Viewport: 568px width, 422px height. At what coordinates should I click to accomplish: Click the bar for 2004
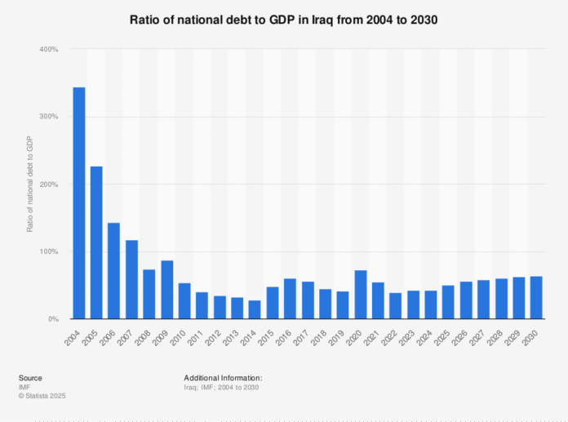pos(79,203)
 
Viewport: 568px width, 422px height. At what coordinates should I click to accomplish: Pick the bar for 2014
pos(255,310)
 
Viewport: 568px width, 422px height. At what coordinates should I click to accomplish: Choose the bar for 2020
pos(361,295)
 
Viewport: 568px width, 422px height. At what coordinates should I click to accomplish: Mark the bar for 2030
pos(536,298)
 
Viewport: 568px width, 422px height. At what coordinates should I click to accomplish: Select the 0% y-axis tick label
pos(51,319)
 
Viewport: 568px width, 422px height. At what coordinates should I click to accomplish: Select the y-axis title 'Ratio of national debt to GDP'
pos(30,184)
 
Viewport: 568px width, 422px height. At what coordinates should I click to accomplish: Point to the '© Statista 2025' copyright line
pos(42,396)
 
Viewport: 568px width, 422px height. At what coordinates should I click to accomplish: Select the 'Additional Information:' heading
pos(224,378)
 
